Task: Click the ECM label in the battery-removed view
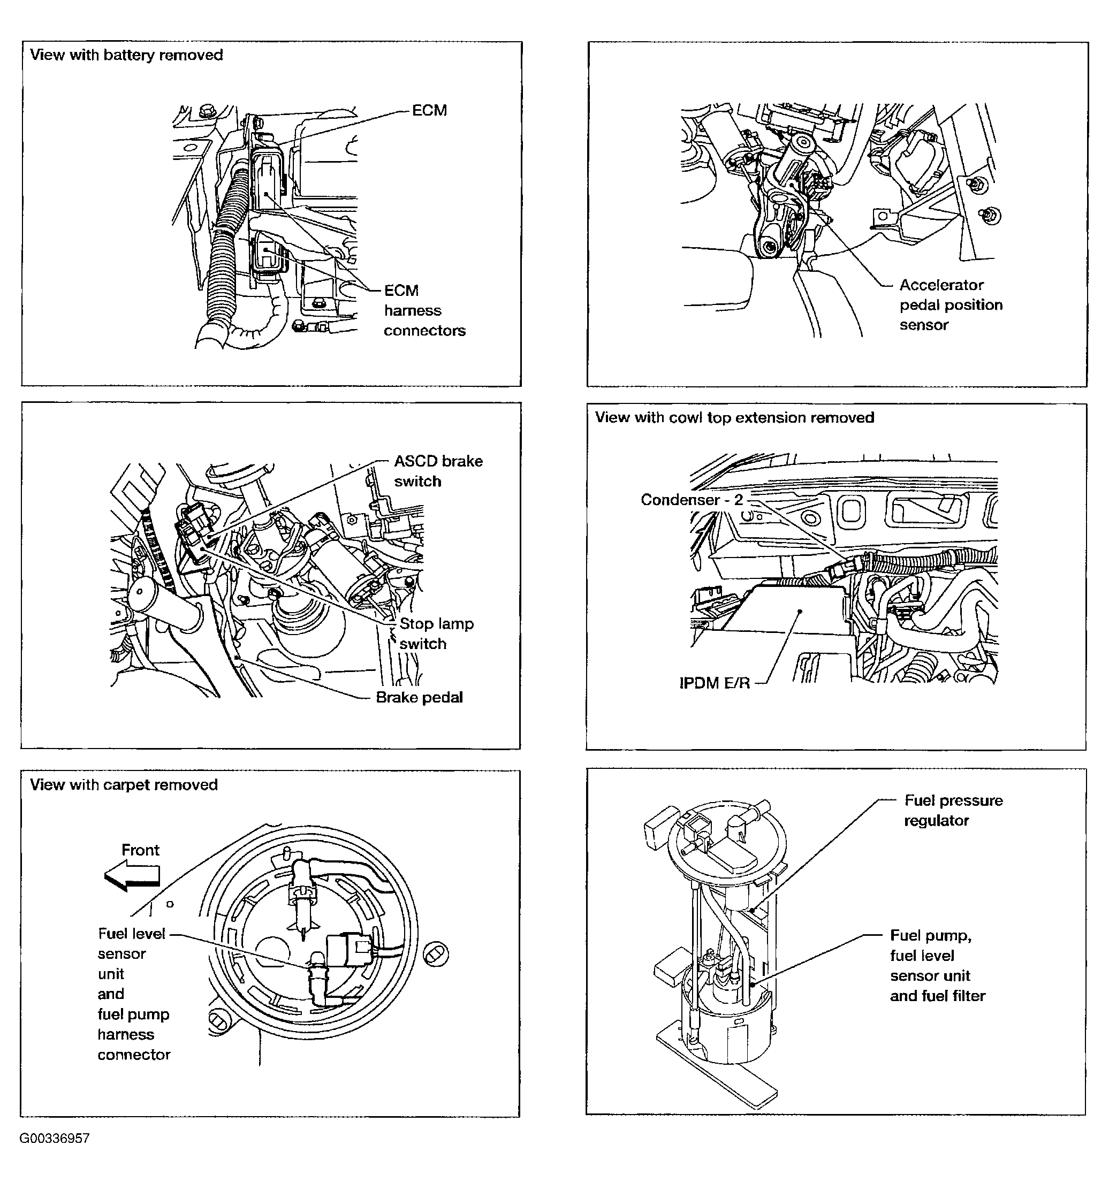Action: tap(429, 111)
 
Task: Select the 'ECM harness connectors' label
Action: tap(424, 311)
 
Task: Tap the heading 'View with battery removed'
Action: tap(126, 55)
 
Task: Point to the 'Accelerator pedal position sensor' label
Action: tap(950, 304)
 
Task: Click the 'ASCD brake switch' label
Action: tap(438, 471)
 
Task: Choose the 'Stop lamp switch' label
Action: tap(436, 633)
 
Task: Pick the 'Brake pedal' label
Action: tap(419, 697)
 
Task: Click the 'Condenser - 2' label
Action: tap(692, 500)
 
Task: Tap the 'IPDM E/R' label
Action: tap(715, 683)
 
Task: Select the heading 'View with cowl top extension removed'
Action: tap(734, 418)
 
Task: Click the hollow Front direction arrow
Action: tap(132, 877)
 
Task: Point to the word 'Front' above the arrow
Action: tap(140, 850)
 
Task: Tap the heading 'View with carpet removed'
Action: tap(124, 785)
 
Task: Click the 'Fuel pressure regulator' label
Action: tap(953, 810)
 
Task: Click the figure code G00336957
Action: tap(55, 1139)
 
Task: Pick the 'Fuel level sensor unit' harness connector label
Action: tap(133, 994)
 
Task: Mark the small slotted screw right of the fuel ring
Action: tap(436, 954)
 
